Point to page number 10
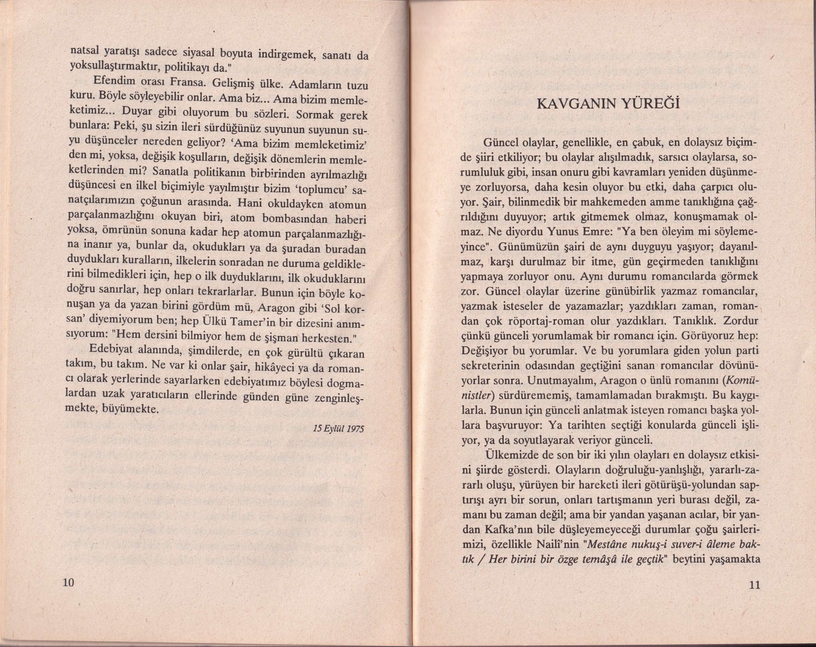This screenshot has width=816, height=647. coord(68,583)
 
